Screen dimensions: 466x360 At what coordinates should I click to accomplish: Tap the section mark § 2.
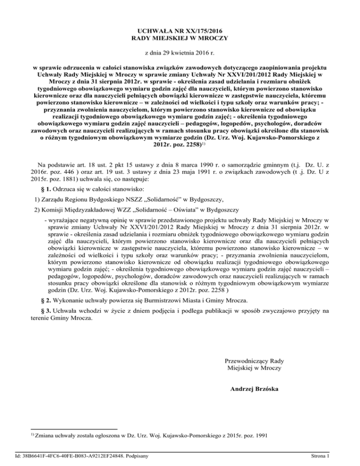point(47,300)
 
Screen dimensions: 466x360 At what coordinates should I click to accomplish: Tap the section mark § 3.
point(47,311)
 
